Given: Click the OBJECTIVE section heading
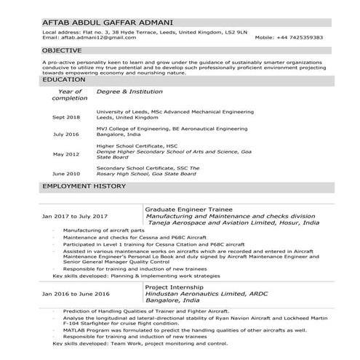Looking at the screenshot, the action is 61,51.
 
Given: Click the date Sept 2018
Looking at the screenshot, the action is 66,116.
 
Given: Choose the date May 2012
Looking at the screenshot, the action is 66,154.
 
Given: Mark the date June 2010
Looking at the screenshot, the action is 66,174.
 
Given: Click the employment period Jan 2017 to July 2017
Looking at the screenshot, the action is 75,216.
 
